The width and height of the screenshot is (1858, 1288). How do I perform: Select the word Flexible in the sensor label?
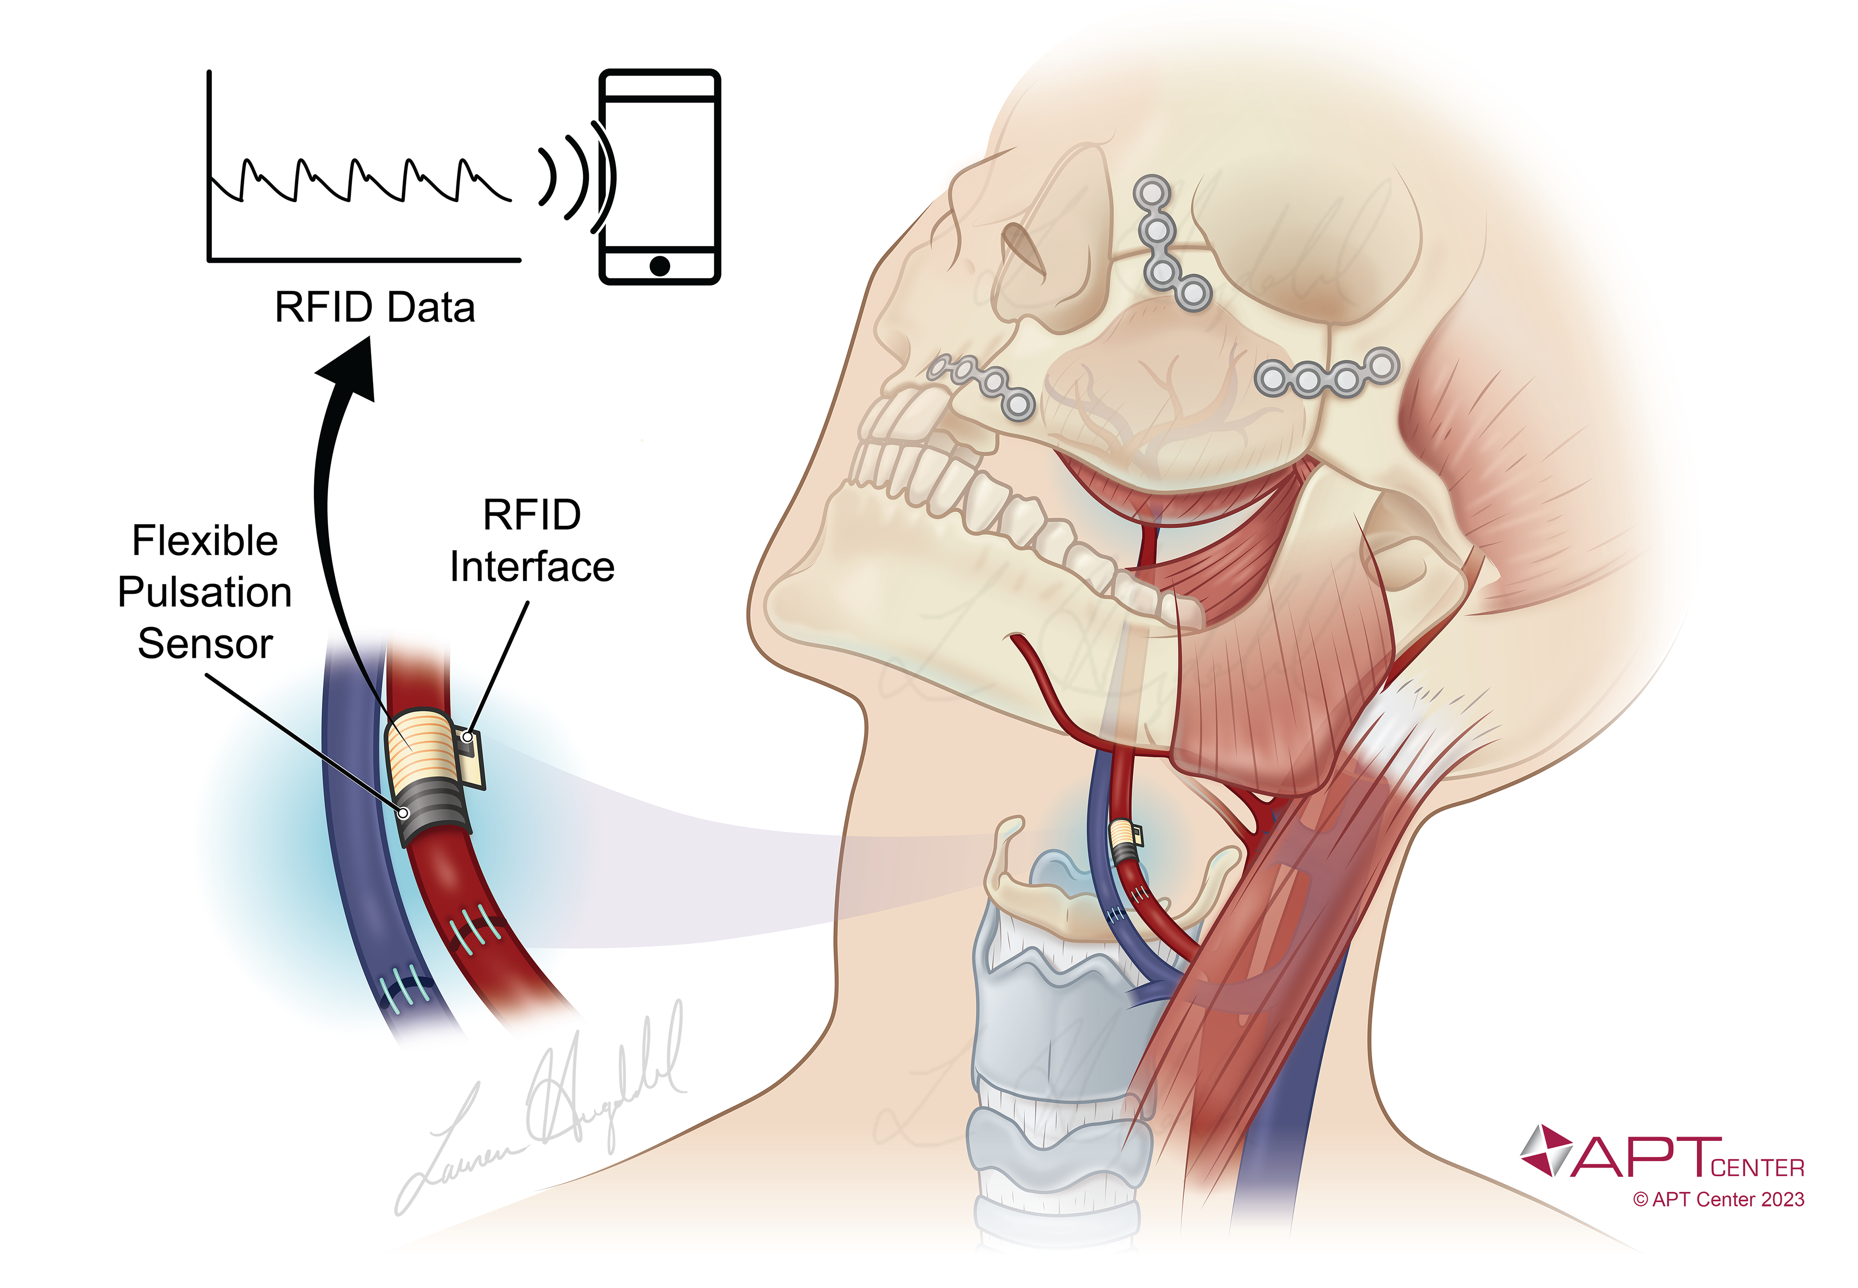click(x=205, y=541)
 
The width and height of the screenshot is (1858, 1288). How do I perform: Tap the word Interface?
click(x=532, y=567)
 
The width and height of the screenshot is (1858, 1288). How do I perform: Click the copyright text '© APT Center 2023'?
click(x=1718, y=1200)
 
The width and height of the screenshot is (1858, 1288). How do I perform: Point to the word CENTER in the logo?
click(x=1756, y=1168)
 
